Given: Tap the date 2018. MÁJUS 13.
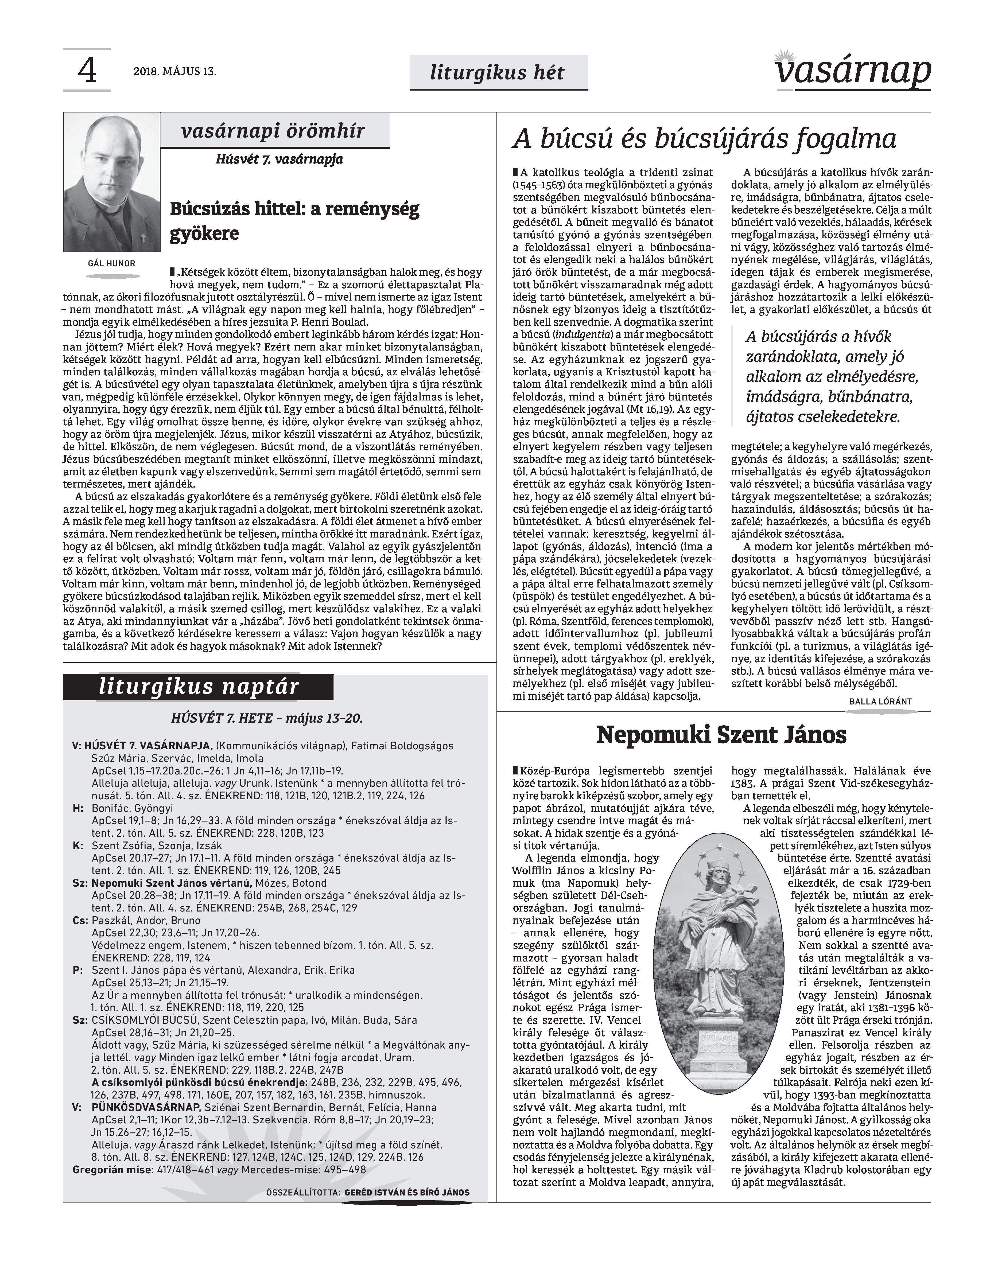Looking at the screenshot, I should pos(175,72).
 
